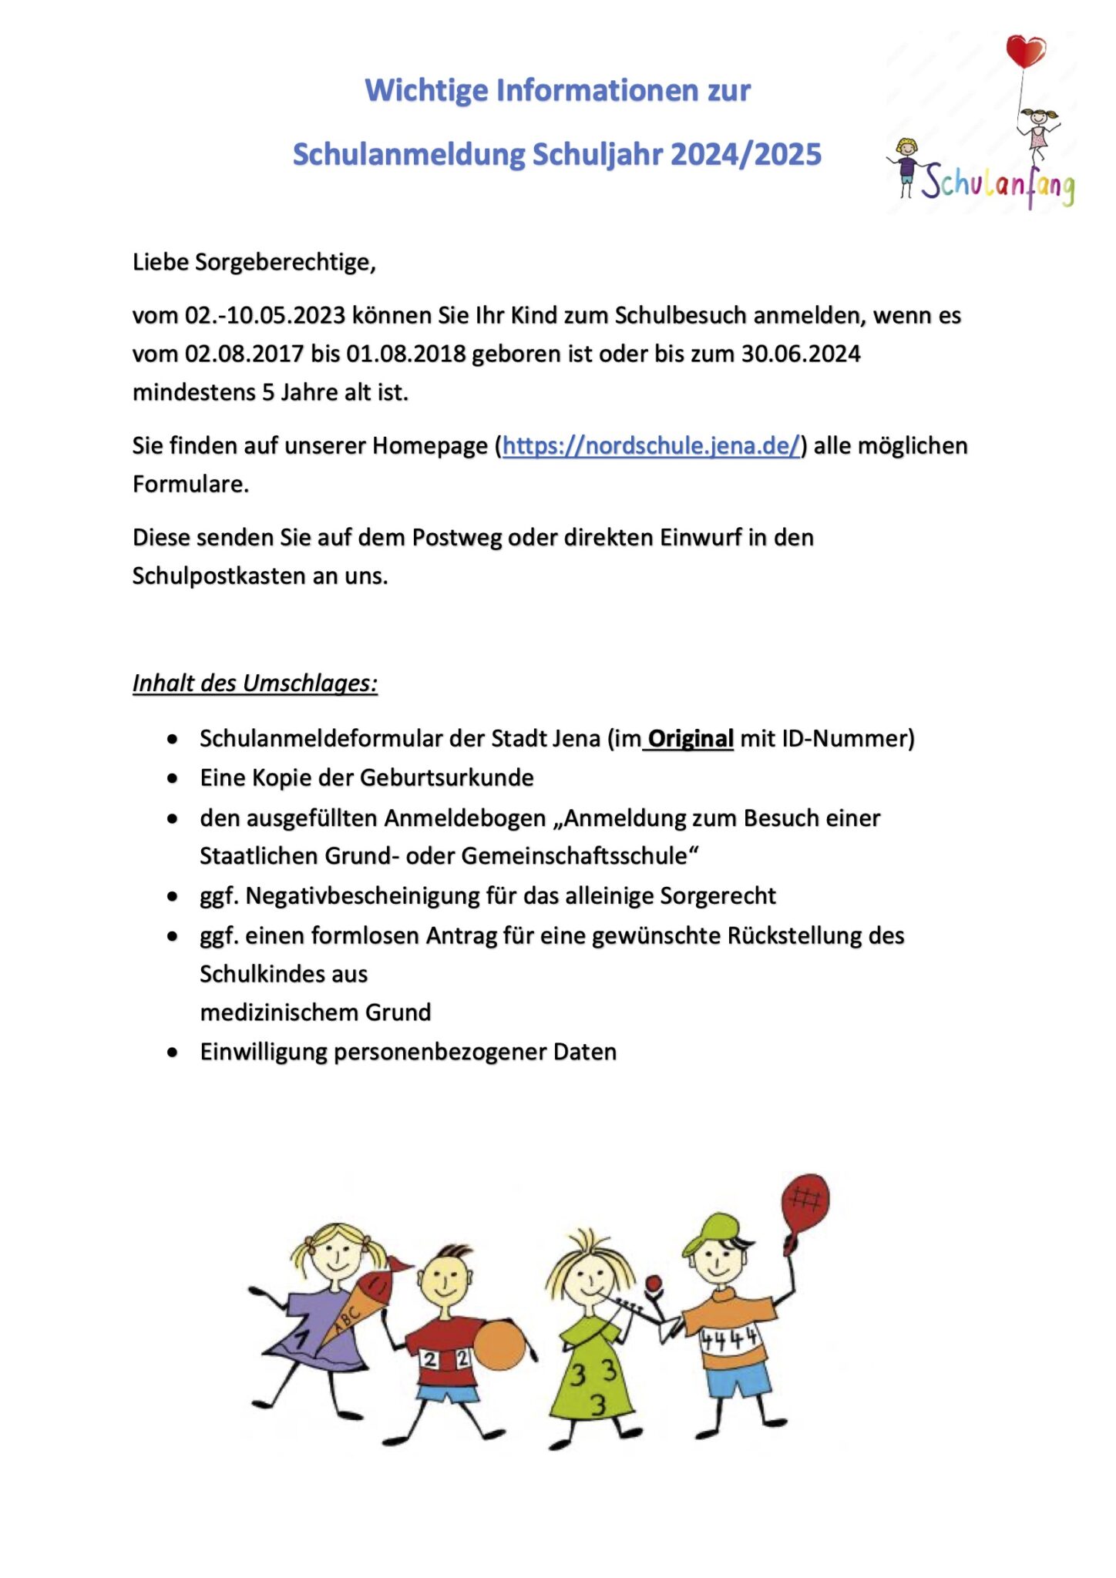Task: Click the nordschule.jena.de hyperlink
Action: click(651, 446)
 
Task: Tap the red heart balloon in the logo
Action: click(1025, 51)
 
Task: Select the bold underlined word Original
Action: click(690, 739)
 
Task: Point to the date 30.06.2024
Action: click(801, 354)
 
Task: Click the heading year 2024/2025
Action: click(746, 155)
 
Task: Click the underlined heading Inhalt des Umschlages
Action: click(254, 683)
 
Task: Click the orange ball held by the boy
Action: click(499, 1345)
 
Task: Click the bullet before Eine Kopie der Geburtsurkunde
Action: click(173, 779)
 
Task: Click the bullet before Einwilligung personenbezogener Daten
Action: click(173, 1053)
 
